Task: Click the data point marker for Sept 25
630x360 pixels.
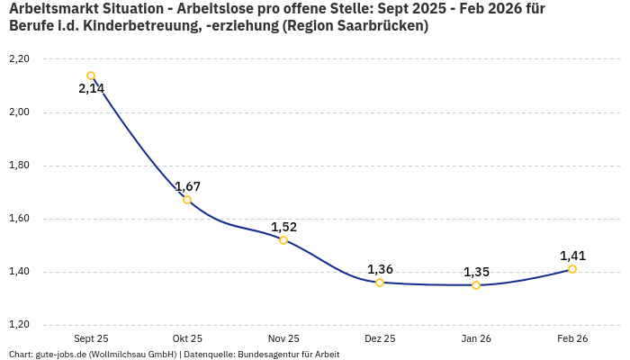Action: click(x=91, y=76)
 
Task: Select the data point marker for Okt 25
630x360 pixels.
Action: click(x=187, y=200)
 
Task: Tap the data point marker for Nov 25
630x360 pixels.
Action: click(x=283, y=240)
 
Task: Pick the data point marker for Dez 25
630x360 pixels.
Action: click(x=380, y=283)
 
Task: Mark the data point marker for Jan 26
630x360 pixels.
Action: click(x=476, y=285)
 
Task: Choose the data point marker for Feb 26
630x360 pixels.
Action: click(x=572, y=269)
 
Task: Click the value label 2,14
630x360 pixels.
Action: click(x=91, y=89)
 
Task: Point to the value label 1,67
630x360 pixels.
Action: click(x=187, y=186)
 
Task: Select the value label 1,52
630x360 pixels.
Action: click(x=283, y=227)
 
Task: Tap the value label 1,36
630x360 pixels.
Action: click(x=380, y=269)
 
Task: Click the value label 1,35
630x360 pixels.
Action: click(x=476, y=272)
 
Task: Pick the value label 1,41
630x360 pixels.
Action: click(x=572, y=256)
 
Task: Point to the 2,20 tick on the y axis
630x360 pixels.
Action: click(x=19, y=59)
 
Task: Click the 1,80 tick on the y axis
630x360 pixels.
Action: click(x=19, y=166)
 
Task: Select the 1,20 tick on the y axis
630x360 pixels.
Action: click(x=19, y=325)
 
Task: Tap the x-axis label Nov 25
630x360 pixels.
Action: click(x=283, y=338)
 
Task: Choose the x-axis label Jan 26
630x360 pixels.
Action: click(x=476, y=338)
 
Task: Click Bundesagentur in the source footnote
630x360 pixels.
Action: click(x=268, y=355)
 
